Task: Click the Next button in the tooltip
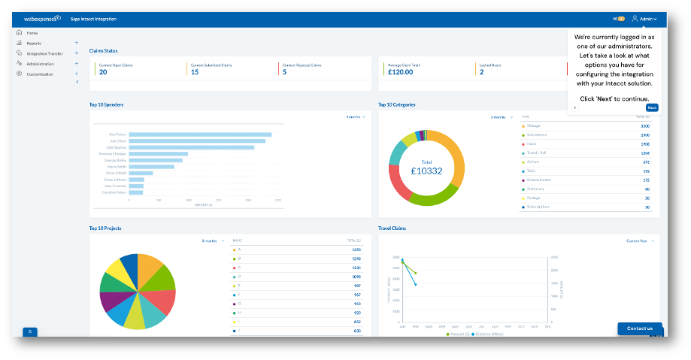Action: click(x=651, y=107)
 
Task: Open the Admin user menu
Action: click(x=644, y=18)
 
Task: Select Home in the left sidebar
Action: click(x=32, y=33)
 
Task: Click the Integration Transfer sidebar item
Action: click(x=44, y=53)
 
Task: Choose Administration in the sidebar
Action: click(x=40, y=64)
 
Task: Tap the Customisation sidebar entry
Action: click(x=40, y=74)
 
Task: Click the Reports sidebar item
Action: click(x=34, y=44)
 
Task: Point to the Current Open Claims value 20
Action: click(x=103, y=72)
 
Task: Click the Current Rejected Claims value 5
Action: click(x=284, y=72)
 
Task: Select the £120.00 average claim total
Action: click(x=401, y=72)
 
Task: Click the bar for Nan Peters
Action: click(x=200, y=135)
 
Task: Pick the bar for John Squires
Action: click(x=191, y=147)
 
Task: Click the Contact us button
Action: click(x=640, y=328)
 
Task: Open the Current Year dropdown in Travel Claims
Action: click(x=640, y=241)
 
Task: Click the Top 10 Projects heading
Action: click(x=105, y=228)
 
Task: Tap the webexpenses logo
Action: click(x=42, y=18)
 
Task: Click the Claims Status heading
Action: click(x=103, y=50)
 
